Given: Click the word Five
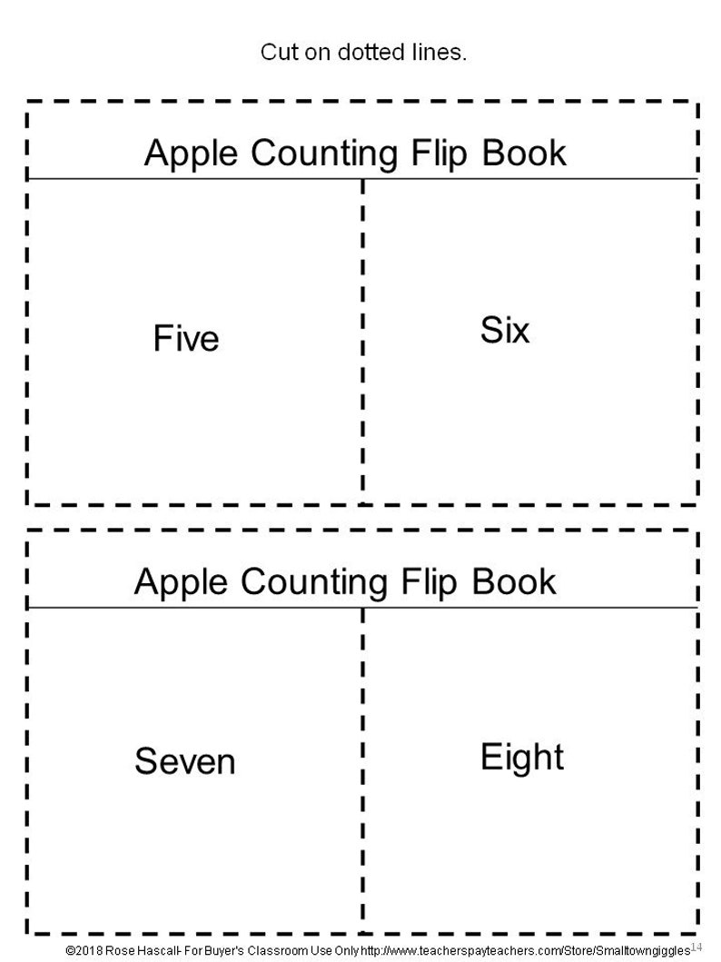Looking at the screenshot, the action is pos(186,339).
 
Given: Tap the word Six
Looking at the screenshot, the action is pos(505,331).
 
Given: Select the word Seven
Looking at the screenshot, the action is pos(185,761).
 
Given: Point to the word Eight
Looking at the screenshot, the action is pos(522,757).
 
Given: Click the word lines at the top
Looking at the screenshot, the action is pos(440,52).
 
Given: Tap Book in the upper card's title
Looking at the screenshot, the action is pos(524,153).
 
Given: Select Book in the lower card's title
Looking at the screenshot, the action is pos(514,580).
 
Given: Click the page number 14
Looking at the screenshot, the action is pos(696,947).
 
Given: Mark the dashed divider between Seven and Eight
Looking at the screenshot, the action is pos(363,768).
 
